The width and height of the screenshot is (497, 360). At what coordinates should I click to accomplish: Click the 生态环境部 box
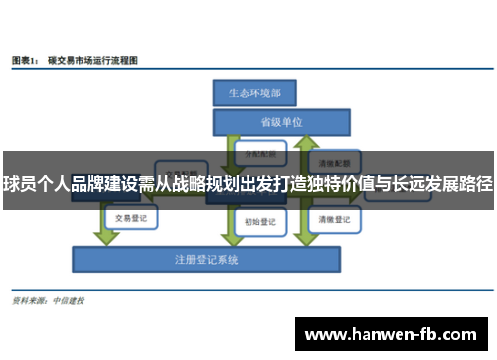click(x=253, y=93)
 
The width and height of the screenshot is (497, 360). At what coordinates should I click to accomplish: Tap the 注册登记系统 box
click(x=206, y=259)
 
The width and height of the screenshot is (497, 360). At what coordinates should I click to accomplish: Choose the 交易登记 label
click(x=130, y=217)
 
